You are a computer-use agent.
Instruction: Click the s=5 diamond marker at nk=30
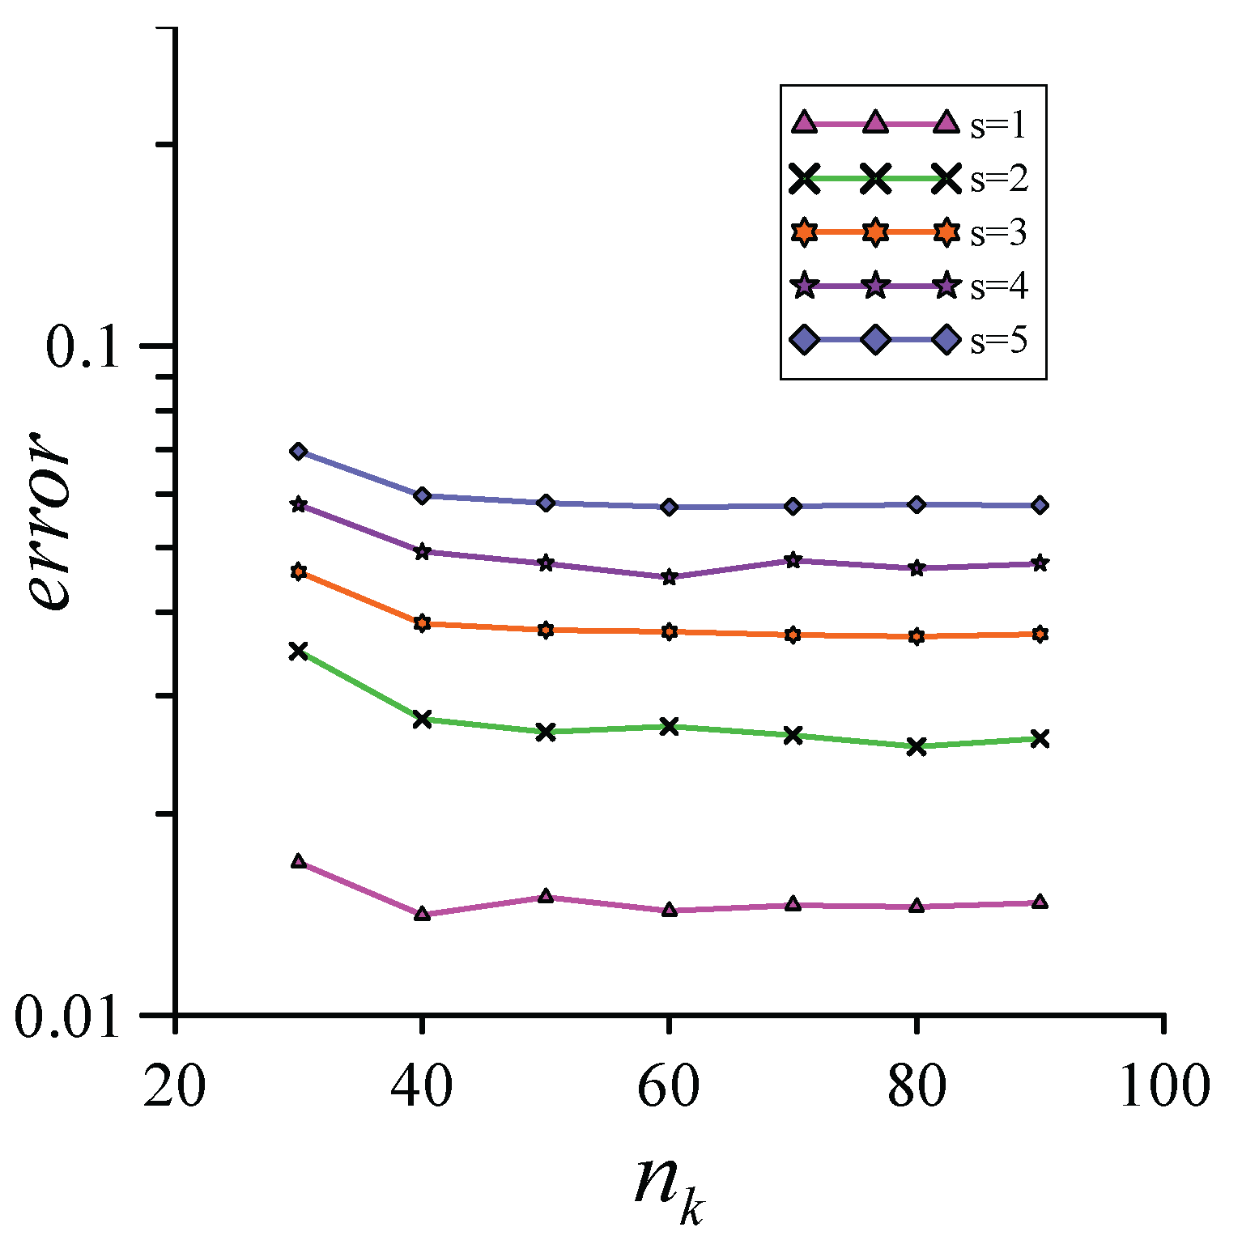(298, 451)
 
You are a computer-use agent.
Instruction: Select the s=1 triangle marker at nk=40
(422, 914)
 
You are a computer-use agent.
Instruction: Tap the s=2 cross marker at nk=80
(917, 746)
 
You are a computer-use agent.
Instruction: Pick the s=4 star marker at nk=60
(669, 577)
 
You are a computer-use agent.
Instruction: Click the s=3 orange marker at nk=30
(298, 572)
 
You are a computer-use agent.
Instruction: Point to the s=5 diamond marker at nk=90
(1040, 505)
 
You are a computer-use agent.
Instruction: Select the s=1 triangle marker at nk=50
(546, 896)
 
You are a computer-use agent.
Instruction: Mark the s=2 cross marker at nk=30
(298, 650)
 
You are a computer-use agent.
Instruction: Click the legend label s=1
(998, 125)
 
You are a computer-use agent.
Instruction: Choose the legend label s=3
(998, 233)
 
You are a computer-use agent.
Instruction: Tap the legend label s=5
(998, 341)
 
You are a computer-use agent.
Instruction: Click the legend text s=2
(998, 179)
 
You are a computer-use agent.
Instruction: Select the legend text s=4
(998, 287)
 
